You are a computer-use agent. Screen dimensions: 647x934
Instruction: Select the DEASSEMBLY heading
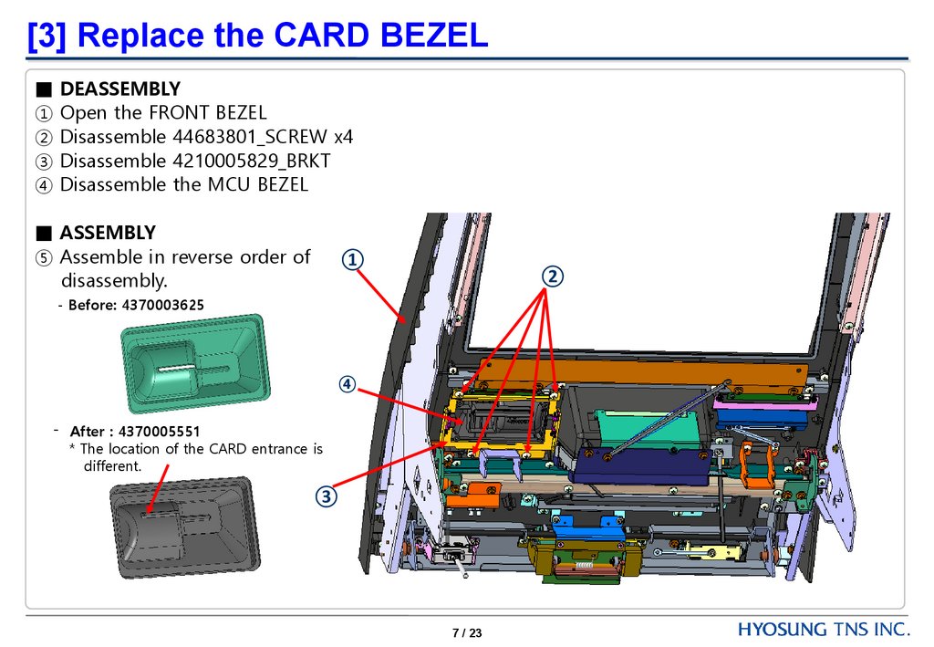[119, 89]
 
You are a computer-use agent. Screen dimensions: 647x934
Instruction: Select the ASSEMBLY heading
[108, 232]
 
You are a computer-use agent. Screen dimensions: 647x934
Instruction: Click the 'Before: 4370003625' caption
[136, 304]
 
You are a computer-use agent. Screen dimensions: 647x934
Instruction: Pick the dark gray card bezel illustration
[182, 527]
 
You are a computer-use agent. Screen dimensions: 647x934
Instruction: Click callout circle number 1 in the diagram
[353, 260]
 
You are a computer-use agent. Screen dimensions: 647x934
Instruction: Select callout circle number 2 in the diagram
[552, 275]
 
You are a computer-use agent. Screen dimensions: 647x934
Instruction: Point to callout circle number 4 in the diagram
[348, 384]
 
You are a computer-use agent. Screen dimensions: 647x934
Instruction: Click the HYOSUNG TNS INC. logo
[824, 630]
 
